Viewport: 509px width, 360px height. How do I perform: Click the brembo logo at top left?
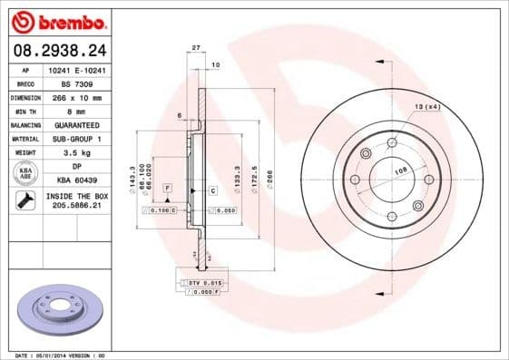click(56, 19)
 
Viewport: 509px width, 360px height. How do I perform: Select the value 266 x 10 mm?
click(76, 96)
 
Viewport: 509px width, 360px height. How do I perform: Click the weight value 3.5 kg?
click(76, 152)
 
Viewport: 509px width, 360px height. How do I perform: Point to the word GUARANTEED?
click(76, 124)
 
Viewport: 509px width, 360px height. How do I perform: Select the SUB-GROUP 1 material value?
click(76, 138)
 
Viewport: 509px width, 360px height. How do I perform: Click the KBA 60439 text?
click(76, 180)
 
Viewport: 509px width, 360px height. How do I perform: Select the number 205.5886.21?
click(76, 207)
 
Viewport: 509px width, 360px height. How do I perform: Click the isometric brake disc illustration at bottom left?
click(60, 310)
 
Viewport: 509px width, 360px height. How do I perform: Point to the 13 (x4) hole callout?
click(426, 108)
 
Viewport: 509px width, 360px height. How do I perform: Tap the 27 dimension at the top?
click(195, 49)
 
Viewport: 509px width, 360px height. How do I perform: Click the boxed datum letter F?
click(167, 187)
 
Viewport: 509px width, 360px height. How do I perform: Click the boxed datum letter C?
click(211, 190)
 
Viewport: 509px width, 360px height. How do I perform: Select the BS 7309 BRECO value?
click(76, 82)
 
